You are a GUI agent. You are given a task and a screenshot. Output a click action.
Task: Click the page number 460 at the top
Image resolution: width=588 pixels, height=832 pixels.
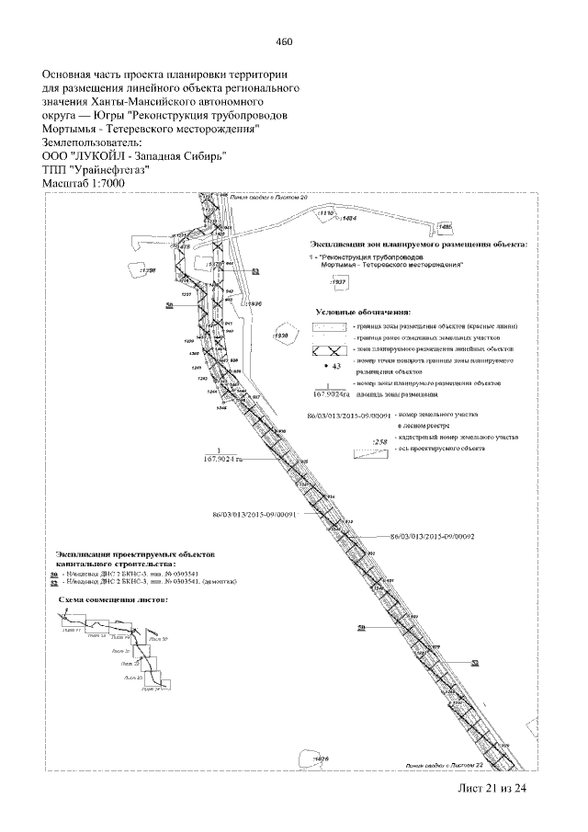click(x=284, y=40)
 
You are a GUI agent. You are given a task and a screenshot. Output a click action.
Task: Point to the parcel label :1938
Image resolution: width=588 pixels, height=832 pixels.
click(x=282, y=336)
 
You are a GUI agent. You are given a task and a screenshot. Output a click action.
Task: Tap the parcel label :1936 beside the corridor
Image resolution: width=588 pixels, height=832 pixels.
click(x=255, y=302)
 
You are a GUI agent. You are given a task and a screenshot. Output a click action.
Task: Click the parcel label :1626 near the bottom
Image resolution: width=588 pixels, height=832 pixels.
click(x=321, y=758)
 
